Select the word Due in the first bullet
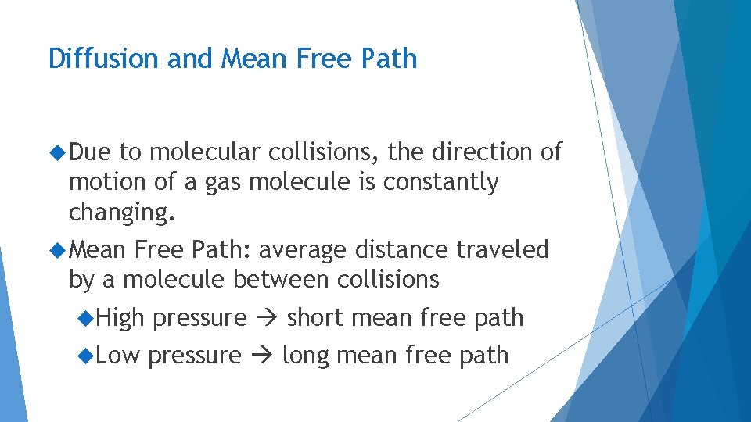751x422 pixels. [x=90, y=152]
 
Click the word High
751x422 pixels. [x=121, y=318]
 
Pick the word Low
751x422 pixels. [x=118, y=356]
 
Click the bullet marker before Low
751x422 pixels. [x=87, y=356]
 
